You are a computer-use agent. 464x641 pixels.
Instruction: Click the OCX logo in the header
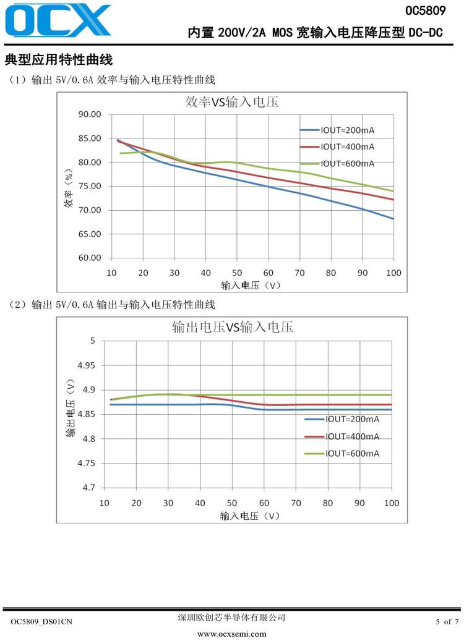[59, 20]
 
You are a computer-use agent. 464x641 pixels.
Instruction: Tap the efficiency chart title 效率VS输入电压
[232, 103]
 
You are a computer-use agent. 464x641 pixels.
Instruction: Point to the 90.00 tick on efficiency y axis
[89, 114]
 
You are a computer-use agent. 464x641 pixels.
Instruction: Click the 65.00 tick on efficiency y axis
[89, 234]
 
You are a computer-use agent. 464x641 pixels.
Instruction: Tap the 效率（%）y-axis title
[69, 187]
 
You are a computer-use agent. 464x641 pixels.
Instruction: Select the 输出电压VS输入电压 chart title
[232, 327]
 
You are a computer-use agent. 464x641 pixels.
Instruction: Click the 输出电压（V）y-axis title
[70, 413]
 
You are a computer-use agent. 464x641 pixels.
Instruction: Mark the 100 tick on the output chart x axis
[391, 503]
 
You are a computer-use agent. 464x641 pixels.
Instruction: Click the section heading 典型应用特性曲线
[58, 61]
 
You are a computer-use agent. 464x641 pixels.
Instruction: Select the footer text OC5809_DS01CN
[42, 622]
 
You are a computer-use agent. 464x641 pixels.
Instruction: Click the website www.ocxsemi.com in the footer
[231, 634]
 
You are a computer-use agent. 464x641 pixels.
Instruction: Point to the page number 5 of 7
[447, 622]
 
